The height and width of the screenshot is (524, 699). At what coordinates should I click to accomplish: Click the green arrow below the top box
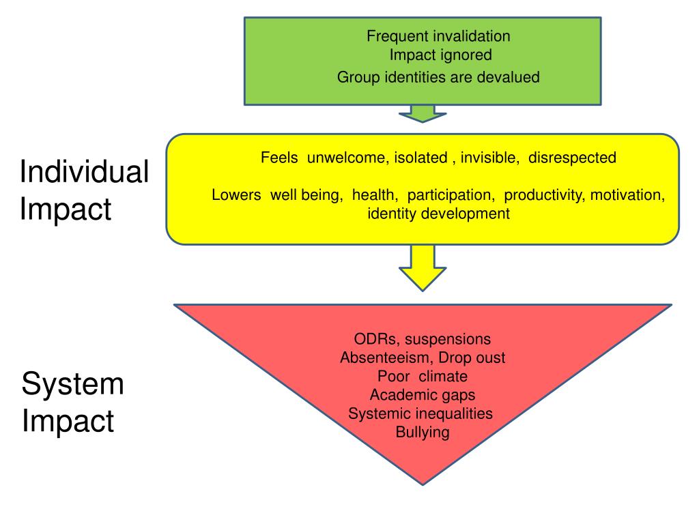click(422, 113)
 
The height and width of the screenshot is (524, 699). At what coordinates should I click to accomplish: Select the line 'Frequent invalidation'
click(438, 36)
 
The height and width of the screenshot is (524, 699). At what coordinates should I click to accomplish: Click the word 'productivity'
click(544, 196)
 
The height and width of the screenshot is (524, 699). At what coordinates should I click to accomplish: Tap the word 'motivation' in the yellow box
click(627, 196)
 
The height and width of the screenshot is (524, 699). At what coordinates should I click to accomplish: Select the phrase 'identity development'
click(438, 214)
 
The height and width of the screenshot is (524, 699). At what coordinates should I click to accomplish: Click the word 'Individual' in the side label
click(84, 172)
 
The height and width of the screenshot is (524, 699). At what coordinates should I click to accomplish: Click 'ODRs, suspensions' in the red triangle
click(423, 339)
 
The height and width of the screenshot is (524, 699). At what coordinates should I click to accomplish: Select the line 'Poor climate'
click(423, 377)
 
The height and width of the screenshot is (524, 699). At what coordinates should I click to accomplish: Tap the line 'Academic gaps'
click(423, 395)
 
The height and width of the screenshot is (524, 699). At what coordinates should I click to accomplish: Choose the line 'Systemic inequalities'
click(420, 413)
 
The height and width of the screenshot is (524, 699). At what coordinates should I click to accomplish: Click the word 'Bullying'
click(423, 433)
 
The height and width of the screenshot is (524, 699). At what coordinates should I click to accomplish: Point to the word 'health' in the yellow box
click(375, 196)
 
